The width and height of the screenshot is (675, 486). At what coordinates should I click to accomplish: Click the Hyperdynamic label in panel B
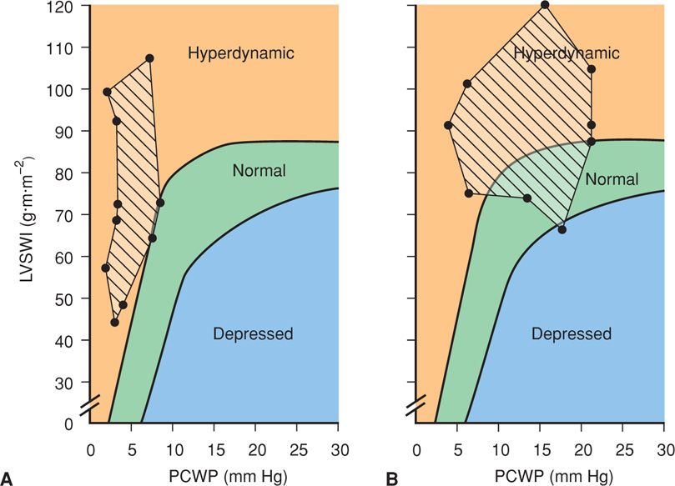[567, 54]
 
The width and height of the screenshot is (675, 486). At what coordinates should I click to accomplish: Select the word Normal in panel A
[259, 171]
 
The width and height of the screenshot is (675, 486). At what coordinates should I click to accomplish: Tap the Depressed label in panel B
[572, 334]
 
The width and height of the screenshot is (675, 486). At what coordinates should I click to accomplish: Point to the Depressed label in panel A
[253, 334]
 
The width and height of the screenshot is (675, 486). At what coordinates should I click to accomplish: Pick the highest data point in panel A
[149, 58]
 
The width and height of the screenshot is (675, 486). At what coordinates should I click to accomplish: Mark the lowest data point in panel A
[115, 323]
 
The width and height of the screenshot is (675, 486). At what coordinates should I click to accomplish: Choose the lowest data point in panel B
[562, 229]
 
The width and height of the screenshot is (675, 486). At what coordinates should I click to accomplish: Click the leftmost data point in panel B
[448, 125]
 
